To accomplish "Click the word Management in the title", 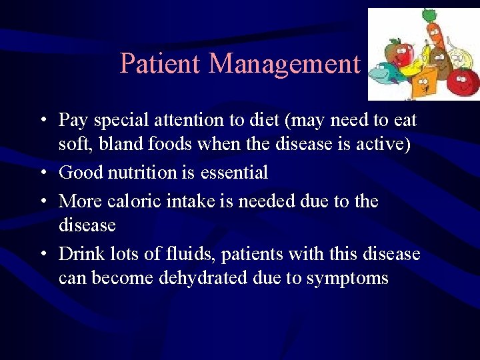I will pos(285,64).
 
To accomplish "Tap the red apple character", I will pos(401,49).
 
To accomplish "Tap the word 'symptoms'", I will pos(347,278).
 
